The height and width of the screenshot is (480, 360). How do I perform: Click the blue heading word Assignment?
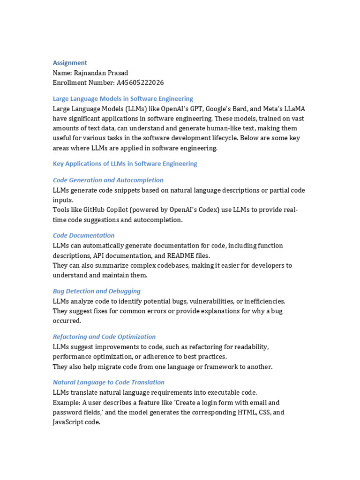coord(70,63)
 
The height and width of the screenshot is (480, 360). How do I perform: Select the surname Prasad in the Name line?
coord(117,73)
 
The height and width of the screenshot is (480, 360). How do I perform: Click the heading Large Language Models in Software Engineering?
coord(123,99)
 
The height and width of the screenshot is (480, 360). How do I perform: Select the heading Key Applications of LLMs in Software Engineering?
coord(125,164)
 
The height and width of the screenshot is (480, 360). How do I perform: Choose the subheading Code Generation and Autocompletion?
coord(108,180)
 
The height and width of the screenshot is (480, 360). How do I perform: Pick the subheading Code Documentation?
coord(83,235)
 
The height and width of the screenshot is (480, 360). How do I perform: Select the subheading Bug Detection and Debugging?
coord(97,291)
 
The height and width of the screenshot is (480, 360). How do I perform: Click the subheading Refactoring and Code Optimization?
coord(104,337)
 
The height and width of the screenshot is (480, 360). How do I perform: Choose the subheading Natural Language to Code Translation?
coord(109,382)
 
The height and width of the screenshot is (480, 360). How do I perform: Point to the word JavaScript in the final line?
coord(68,422)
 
